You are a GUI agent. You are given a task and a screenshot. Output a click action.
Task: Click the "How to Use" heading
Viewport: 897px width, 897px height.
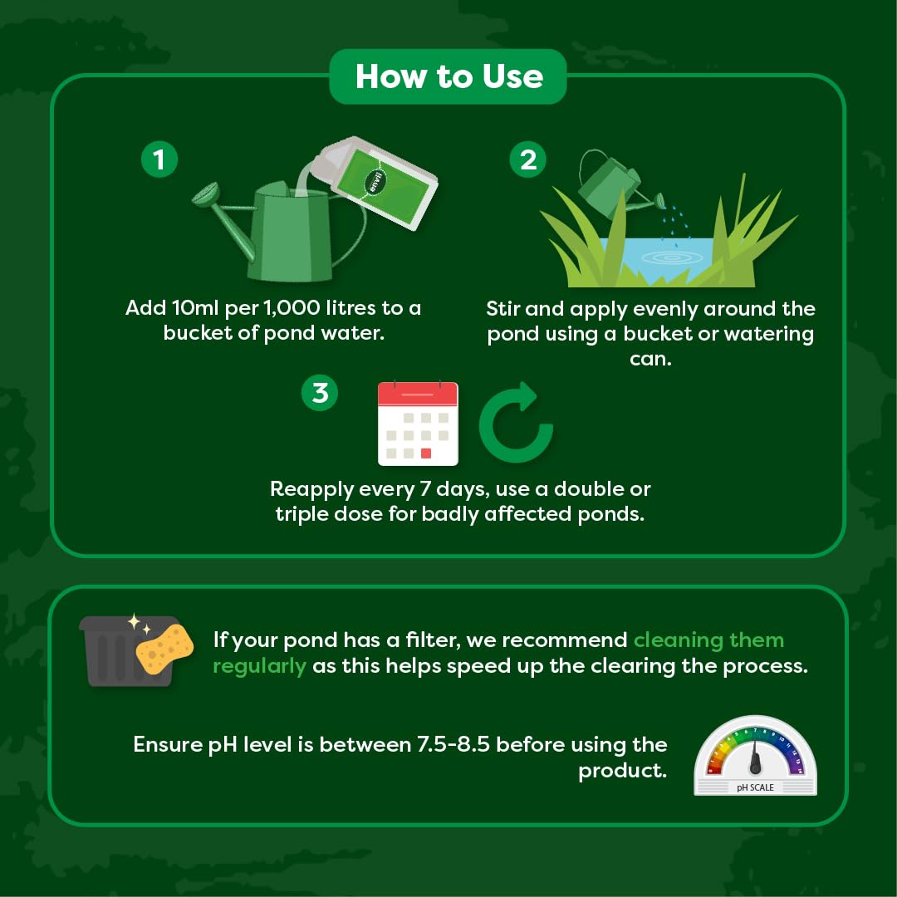(448, 76)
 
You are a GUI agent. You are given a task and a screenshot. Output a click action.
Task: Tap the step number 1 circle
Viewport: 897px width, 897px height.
(159, 159)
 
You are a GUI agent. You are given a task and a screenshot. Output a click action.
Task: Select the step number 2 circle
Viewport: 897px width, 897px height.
(528, 159)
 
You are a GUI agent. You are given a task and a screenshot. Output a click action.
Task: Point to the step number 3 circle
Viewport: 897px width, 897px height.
(320, 393)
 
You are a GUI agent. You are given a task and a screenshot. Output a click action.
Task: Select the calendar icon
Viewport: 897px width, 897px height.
(418, 424)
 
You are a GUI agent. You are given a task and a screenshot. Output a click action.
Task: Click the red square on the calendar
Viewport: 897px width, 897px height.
(426, 453)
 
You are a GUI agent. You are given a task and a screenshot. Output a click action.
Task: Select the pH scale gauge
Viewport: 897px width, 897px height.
(755, 756)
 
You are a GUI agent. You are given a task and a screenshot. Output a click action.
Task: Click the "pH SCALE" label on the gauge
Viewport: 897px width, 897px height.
(755, 787)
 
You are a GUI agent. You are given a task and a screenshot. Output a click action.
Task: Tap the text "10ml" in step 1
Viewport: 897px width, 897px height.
(197, 308)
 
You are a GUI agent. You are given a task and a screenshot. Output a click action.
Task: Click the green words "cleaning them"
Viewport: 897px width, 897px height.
(708, 640)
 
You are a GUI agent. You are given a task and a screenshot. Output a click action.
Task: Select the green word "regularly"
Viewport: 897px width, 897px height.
(259, 667)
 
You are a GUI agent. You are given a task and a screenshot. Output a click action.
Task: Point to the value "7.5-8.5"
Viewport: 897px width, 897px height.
(453, 744)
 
